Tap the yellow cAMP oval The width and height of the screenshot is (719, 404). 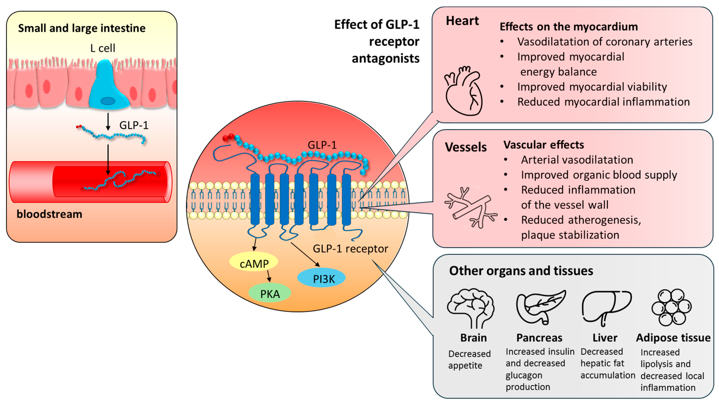pyautogui.click(x=253, y=263)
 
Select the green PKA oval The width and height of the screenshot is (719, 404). pyautogui.click(x=270, y=293)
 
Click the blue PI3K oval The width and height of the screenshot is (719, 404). pyautogui.click(x=321, y=278)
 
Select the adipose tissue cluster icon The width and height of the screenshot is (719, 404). pyautogui.click(x=671, y=307)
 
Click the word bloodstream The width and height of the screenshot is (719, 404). pyautogui.click(x=50, y=214)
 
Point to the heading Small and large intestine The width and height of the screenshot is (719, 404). pyautogui.click(x=82, y=28)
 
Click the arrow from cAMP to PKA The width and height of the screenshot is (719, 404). pyautogui.click(x=269, y=276)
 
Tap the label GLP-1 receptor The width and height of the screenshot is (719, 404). pyautogui.click(x=350, y=248)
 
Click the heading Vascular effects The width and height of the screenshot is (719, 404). pyautogui.click(x=544, y=145)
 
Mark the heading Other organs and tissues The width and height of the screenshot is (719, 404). pyautogui.click(x=521, y=271)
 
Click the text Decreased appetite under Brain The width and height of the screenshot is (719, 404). pyautogui.click(x=469, y=359)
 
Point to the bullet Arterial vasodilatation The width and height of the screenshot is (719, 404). pyautogui.click(x=577, y=160)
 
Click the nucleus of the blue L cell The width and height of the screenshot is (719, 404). pyautogui.click(x=108, y=101)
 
